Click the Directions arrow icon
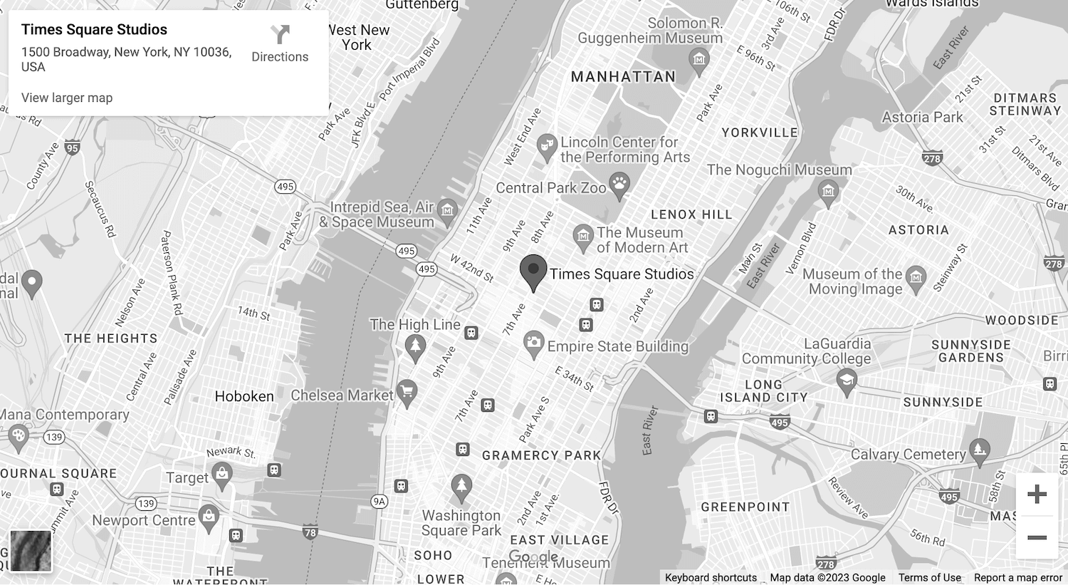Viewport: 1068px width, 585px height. (280, 34)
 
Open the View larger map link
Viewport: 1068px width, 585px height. (67, 98)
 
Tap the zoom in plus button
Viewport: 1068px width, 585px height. (1037, 494)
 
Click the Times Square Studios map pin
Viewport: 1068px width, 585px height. (533, 271)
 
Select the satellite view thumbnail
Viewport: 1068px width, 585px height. (31, 550)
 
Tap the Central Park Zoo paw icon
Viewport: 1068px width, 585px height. (619, 187)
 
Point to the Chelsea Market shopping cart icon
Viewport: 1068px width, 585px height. (407, 392)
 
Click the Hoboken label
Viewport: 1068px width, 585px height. (244, 396)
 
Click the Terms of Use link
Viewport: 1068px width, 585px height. (929, 578)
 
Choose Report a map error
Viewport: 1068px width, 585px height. (1017, 578)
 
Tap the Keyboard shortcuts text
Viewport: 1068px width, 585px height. (711, 578)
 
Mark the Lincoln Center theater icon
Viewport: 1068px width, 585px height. (547, 146)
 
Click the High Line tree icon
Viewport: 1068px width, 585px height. (415, 347)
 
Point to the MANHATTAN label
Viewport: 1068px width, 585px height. (623, 77)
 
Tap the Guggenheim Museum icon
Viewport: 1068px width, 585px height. (698, 59)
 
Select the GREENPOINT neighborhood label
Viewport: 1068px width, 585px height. (745, 507)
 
